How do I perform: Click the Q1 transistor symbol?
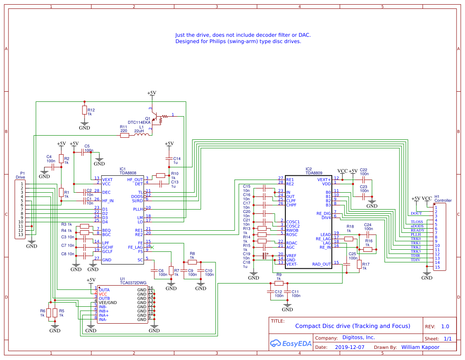(157, 118)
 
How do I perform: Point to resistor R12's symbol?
(84, 110)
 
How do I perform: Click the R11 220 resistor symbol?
(124, 135)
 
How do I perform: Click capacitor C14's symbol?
(169, 159)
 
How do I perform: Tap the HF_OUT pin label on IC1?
(135, 180)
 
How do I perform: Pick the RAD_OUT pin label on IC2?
(321, 264)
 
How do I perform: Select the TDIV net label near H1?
(416, 260)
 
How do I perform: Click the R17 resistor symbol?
(359, 265)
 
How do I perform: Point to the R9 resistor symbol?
(279, 284)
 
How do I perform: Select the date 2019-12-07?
(350, 347)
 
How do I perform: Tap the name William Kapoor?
(420, 347)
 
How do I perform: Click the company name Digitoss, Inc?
(352, 338)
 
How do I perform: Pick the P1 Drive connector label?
(20, 175)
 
